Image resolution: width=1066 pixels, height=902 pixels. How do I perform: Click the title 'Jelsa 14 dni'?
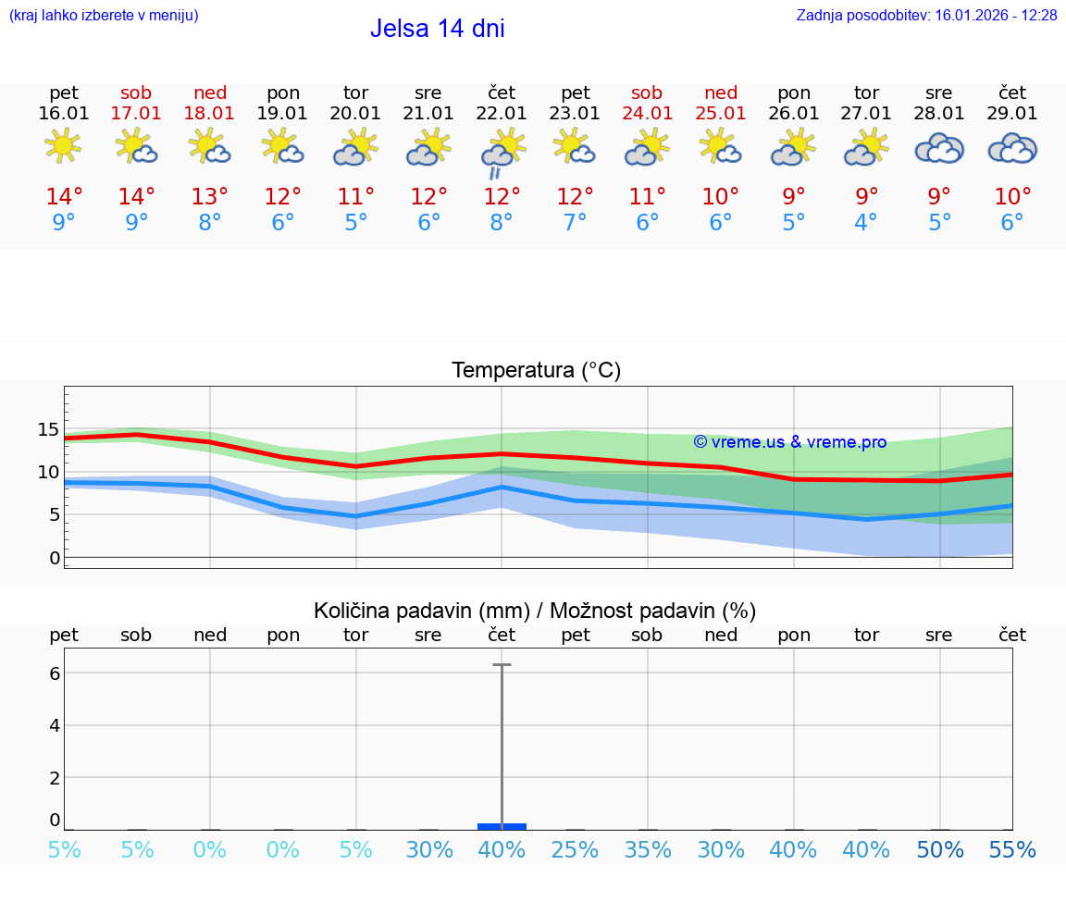[437, 29]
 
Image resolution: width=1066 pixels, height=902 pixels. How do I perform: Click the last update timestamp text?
[926, 15]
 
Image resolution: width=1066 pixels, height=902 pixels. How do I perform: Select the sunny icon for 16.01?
[63, 145]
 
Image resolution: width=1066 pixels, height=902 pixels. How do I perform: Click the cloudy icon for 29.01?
[1012, 148]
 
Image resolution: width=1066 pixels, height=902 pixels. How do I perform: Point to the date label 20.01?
[355, 114]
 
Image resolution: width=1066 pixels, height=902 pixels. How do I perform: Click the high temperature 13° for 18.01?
[210, 197]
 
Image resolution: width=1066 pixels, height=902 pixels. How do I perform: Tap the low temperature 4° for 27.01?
[866, 223]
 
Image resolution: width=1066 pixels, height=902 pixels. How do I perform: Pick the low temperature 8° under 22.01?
[502, 223]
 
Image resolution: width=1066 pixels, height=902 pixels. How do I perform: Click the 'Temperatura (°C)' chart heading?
[536, 371]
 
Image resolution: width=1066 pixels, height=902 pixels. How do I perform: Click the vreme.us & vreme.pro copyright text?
[789, 442]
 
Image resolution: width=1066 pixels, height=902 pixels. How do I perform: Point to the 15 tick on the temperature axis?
[48, 429]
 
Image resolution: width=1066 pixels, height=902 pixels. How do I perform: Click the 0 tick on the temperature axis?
[54, 558]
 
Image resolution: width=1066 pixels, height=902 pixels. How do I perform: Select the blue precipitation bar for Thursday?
[502, 826]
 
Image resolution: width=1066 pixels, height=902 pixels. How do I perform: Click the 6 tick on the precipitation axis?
[55, 673]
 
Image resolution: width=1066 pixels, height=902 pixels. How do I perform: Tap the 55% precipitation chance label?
[1012, 850]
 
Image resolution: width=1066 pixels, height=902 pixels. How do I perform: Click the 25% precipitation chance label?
[575, 850]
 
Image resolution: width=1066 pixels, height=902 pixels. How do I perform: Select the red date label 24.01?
[647, 114]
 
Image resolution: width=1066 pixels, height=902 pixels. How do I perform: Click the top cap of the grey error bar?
[502, 664]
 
